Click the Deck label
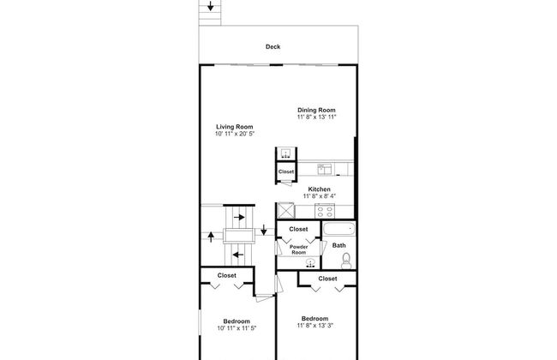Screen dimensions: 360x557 pyautogui.click(x=273, y=47)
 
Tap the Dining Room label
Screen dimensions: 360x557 pyautogui.click(x=316, y=110)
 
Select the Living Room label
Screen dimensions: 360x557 pyautogui.click(x=234, y=127)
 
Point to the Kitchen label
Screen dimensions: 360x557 pyautogui.click(x=319, y=189)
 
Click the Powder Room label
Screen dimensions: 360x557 pyautogui.click(x=298, y=249)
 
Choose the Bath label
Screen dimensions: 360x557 pyautogui.click(x=338, y=246)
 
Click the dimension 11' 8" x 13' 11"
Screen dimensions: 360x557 pyautogui.click(x=316, y=117)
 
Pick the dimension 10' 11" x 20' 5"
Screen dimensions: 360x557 pyautogui.click(x=234, y=135)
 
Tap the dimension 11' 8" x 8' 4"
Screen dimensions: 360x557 pyautogui.click(x=319, y=196)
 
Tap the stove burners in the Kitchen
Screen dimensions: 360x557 pyautogui.click(x=326, y=210)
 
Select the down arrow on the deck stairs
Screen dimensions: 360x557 pyautogui.click(x=211, y=7)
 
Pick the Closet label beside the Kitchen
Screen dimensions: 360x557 pyautogui.click(x=286, y=172)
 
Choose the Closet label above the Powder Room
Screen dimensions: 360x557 pyautogui.click(x=298, y=229)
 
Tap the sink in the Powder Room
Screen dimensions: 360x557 pyautogui.click(x=298, y=264)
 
